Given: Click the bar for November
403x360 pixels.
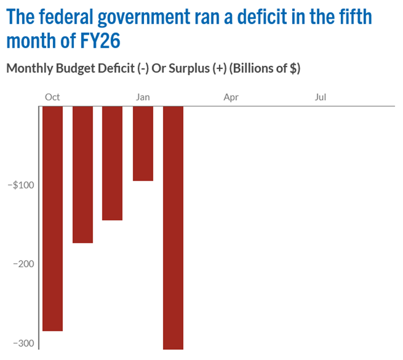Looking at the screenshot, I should point(83,174).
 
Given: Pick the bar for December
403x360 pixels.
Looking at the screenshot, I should point(112,163).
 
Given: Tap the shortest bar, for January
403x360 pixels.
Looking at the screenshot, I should point(143,143).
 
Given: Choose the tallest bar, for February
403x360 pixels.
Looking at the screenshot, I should point(173,228).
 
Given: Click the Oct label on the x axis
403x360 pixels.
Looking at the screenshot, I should point(52,97).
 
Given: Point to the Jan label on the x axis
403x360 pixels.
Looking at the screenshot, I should point(143,97).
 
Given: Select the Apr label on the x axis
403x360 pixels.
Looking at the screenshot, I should point(231,97).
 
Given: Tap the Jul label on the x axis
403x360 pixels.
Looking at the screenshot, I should point(320,97).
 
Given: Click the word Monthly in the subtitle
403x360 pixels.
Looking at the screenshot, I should point(29,69).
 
